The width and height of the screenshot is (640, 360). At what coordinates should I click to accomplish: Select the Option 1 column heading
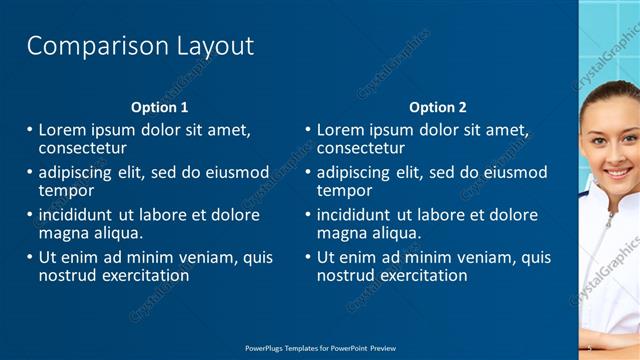click(x=159, y=107)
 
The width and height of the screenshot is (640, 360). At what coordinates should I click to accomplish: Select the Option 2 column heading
click(x=438, y=107)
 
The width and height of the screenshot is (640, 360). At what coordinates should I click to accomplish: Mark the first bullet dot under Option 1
click(x=29, y=130)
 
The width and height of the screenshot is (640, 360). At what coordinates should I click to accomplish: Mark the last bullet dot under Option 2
click(x=308, y=258)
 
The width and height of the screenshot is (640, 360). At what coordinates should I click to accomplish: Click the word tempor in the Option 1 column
click(x=66, y=190)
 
